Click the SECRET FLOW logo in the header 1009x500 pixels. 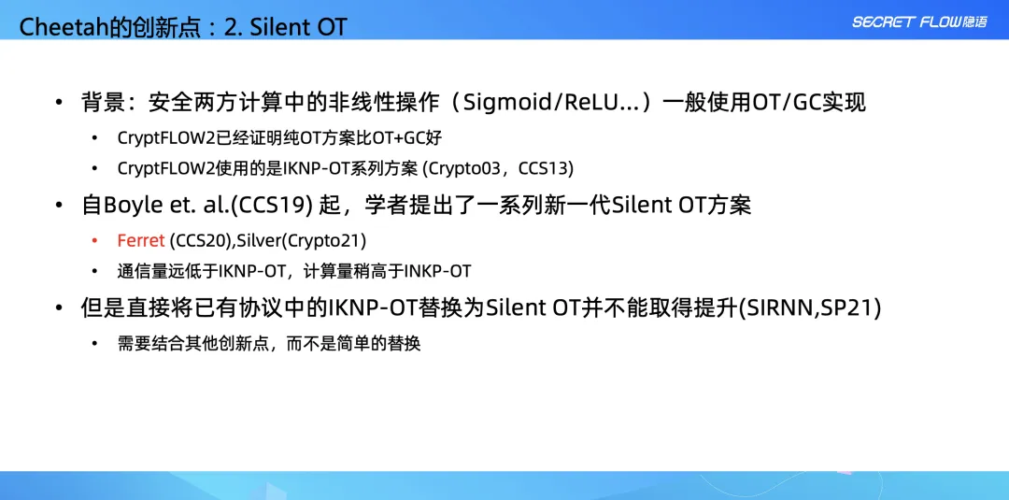click(919, 21)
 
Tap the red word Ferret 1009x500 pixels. click(141, 241)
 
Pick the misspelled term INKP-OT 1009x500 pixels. click(437, 272)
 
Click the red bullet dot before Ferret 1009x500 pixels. click(94, 241)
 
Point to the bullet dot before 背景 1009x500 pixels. click(59, 103)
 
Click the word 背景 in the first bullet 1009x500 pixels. click(103, 102)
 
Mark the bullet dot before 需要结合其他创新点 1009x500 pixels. click(94, 344)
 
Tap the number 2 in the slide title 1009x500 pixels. click(231, 26)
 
